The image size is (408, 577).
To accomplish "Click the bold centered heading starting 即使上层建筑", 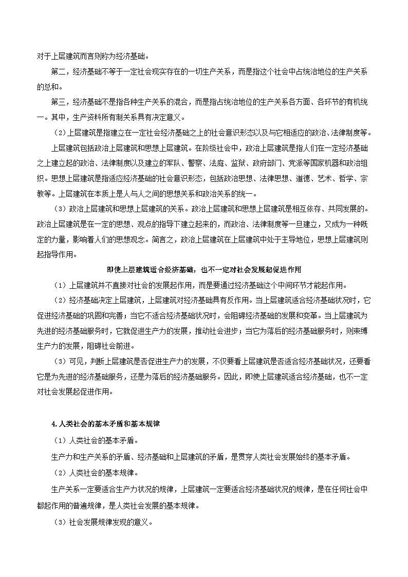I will coord(203,270).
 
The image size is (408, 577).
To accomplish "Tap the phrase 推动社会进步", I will coord(218,330).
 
